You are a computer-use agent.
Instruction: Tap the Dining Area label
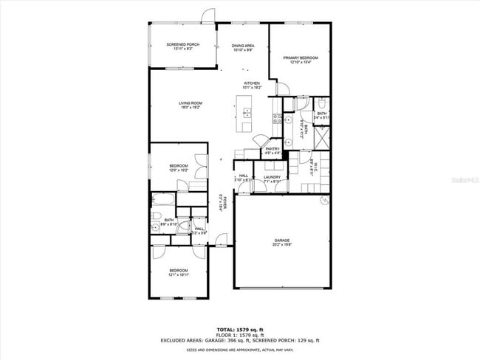pyautogui.click(x=243, y=47)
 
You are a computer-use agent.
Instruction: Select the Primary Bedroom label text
pyautogui.click(x=300, y=58)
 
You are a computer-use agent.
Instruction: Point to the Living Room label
pyautogui.click(x=191, y=105)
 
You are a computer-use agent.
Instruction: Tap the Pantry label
pyautogui.click(x=272, y=150)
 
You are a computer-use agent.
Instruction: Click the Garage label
pyautogui.click(x=282, y=243)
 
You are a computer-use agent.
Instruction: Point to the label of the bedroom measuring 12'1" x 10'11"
pyautogui.click(x=179, y=272)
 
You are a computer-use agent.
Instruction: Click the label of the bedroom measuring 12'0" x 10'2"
pyautogui.click(x=178, y=167)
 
